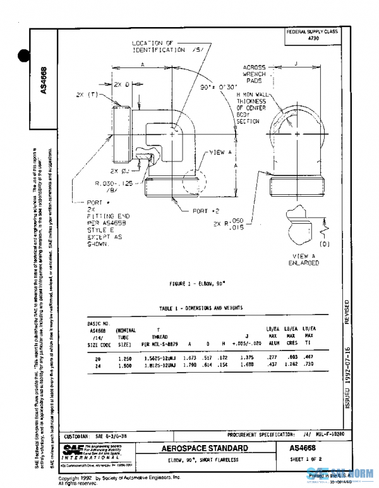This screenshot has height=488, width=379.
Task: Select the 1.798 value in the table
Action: tap(189, 364)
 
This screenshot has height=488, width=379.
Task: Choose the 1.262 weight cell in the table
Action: tap(291, 364)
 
